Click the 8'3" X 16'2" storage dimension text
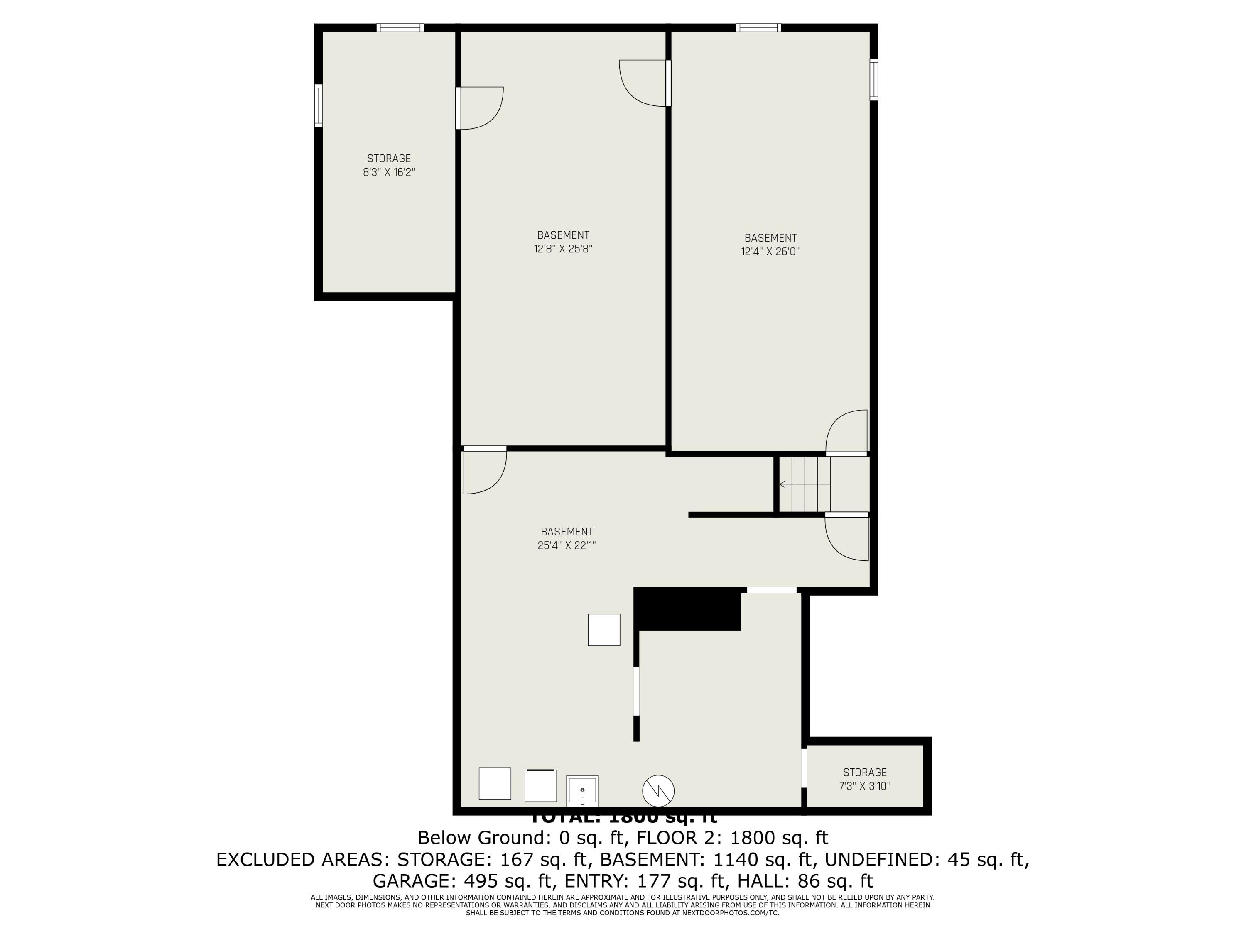pos(389,172)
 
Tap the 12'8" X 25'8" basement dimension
pos(563,249)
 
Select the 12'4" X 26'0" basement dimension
pos(770,252)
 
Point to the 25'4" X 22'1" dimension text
pos(566,545)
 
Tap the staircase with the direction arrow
pos(805,484)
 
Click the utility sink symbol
pos(582,791)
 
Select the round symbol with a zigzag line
pos(658,790)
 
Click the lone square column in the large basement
pos(604,629)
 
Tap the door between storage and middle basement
pos(479,108)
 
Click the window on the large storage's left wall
pos(318,105)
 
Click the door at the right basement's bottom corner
pos(846,433)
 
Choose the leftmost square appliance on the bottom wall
pos(495,783)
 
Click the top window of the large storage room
pos(400,27)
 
